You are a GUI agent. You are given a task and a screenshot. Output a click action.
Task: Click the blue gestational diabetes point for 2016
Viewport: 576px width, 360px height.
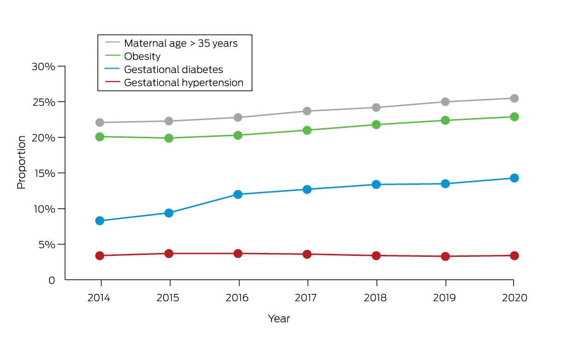pos(238,194)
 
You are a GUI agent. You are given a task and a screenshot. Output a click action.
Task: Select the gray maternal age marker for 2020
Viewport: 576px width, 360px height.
pos(514,98)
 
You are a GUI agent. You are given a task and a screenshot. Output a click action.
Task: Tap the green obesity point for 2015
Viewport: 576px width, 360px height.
pos(168,138)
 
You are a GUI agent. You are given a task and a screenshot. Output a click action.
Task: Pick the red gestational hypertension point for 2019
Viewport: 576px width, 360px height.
pos(445,256)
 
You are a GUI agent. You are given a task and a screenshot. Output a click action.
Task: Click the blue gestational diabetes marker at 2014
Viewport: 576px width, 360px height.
pos(100,221)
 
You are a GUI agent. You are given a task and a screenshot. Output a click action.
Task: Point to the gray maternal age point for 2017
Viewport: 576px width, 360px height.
pos(307,111)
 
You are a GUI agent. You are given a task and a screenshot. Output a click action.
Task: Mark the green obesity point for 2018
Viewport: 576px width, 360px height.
pos(376,125)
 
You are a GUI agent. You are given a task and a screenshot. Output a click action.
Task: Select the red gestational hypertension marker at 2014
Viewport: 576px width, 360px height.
pos(100,255)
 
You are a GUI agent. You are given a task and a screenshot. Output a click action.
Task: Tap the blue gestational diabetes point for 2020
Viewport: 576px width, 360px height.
pos(514,178)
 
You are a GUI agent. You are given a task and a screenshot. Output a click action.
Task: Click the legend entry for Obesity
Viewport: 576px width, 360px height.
pos(142,56)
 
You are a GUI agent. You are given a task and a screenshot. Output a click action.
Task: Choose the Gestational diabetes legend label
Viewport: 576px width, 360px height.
pos(173,70)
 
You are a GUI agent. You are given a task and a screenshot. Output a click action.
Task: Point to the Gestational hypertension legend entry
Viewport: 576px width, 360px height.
pos(183,83)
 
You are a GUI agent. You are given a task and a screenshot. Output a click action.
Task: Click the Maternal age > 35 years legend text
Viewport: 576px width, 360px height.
pos(181,43)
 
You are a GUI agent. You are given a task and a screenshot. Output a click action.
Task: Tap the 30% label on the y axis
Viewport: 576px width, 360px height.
pos(44,67)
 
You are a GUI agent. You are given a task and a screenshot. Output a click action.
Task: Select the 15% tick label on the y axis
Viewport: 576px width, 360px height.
pos(45,174)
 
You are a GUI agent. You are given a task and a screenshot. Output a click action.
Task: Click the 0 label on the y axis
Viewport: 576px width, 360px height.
pos(52,280)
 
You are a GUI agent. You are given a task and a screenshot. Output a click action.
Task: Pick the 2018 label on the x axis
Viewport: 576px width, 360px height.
pos(375,298)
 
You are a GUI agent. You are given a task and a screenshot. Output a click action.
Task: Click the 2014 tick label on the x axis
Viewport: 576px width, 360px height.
pos(99,298)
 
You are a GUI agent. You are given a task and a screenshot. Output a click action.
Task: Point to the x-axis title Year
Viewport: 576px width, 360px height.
pos(279,319)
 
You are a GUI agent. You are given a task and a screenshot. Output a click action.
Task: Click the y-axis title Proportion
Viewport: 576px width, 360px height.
pos(22,163)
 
